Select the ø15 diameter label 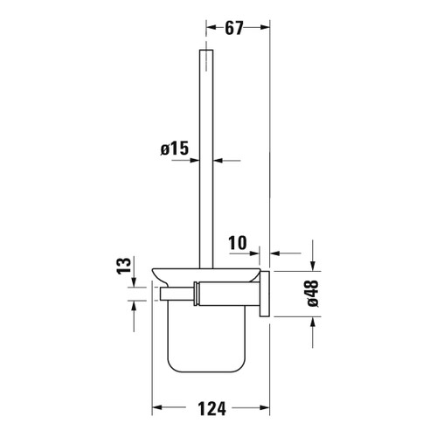[176, 149]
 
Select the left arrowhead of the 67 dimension [210, 28]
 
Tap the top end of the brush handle [207, 52]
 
